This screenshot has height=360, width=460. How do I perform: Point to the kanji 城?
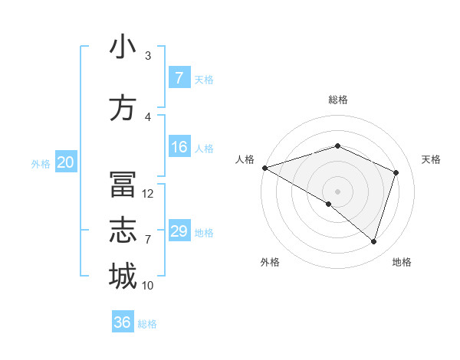pos(123,277)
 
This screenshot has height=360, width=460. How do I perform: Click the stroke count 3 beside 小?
pos(148,56)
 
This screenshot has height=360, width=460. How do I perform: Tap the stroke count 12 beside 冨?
pos(148,194)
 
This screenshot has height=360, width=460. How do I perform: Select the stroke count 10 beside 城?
pos(148,286)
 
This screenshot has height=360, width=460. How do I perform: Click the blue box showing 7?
pos(179,78)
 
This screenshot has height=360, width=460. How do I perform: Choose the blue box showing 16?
pos(179,147)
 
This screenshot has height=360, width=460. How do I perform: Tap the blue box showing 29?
pos(179,231)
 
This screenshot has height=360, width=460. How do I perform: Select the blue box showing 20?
pos(66,162)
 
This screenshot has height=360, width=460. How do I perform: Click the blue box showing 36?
pos(123,322)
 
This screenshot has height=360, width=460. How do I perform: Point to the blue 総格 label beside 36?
pos(147,324)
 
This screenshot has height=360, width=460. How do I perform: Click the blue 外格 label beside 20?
pos(41,163)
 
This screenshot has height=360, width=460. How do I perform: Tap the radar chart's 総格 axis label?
pos(337,100)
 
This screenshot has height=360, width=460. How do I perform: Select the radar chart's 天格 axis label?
pos(431,159)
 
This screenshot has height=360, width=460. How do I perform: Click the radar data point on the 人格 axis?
pos(264,168)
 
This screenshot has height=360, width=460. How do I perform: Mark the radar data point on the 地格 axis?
pos(373,241)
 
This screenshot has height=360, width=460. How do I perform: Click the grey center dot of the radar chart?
pos(337,191)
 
